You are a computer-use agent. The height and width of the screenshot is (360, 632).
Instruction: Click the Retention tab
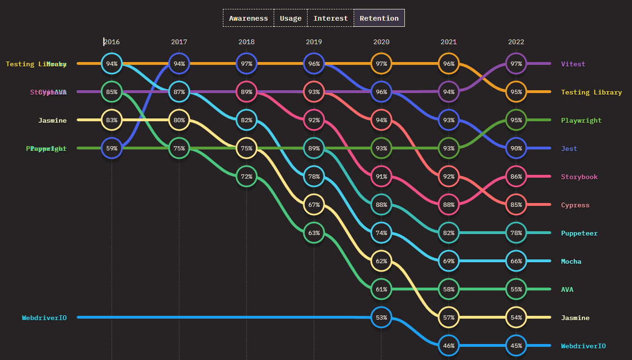[x=379, y=18]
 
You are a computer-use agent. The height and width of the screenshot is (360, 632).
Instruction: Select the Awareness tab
[x=248, y=18]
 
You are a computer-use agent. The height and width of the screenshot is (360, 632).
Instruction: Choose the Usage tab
[x=291, y=18]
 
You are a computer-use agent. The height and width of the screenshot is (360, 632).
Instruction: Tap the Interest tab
[x=331, y=18]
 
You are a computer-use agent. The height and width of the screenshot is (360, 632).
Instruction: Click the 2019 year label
[x=314, y=42]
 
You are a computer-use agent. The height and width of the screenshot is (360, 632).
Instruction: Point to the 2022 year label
[x=516, y=42]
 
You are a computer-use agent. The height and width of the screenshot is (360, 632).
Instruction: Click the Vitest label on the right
[x=573, y=64]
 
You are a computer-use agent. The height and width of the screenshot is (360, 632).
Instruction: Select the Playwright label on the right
[x=581, y=120]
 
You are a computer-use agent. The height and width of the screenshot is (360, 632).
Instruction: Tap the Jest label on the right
[x=569, y=149]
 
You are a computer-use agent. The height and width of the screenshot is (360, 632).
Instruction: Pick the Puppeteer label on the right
[x=579, y=233]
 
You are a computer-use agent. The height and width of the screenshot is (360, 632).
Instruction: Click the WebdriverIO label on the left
[x=44, y=318]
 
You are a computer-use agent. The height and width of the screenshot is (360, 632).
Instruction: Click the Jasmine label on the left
[x=52, y=120]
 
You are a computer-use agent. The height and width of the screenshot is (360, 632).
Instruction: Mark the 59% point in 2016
[x=111, y=148]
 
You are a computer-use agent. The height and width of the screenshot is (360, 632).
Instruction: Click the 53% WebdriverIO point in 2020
[x=381, y=317]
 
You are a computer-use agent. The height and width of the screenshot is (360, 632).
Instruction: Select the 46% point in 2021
[x=449, y=345]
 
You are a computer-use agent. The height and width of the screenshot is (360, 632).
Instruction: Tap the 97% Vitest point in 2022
[x=516, y=63]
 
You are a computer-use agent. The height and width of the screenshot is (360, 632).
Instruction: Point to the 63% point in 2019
[x=314, y=233]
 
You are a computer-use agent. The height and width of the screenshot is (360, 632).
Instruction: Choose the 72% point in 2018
[x=246, y=176]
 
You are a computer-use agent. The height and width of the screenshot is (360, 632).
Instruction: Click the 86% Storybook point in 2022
[x=516, y=176]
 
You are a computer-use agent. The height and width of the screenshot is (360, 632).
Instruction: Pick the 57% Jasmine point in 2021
[x=449, y=317]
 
